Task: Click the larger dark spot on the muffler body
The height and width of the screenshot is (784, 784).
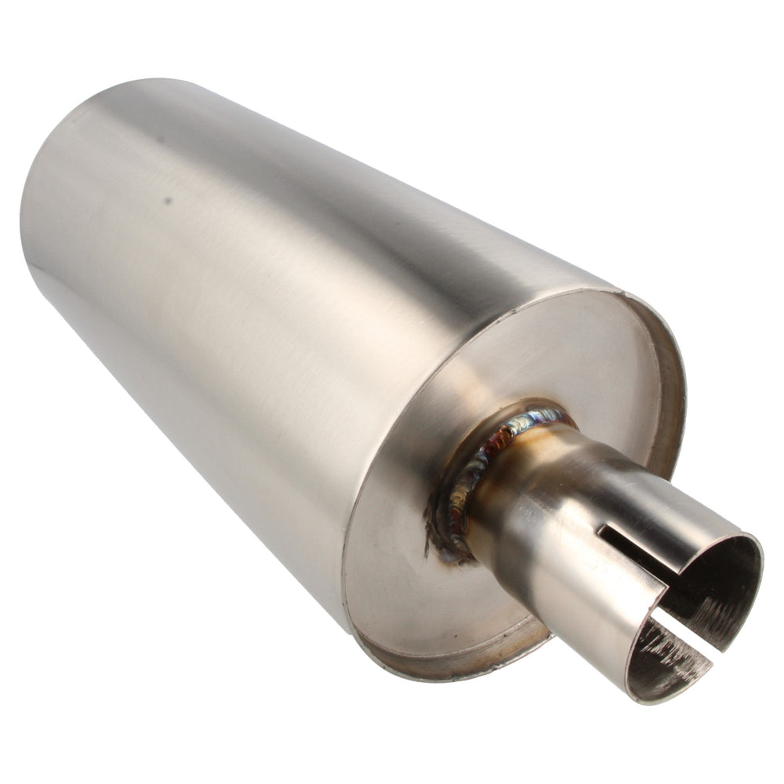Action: pyautogui.click(x=167, y=200)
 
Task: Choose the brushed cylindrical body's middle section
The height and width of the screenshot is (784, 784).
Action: pyautogui.click(x=274, y=314)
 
